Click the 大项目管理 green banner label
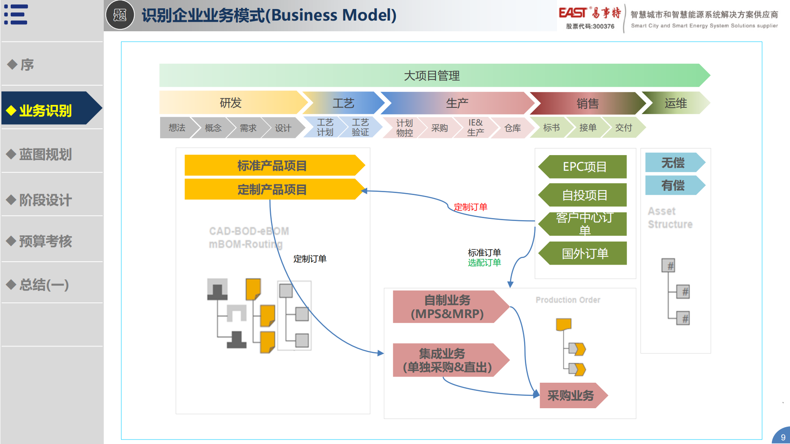[432, 76]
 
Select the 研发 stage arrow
[231, 103]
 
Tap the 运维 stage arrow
[676, 103]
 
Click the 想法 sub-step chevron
[177, 128]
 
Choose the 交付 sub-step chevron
[623, 128]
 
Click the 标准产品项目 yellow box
[272, 166]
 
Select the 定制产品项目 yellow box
[272, 190]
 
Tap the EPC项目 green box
[585, 167]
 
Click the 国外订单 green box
[585, 253]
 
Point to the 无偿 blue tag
[673, 163]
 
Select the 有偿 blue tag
[673, 186]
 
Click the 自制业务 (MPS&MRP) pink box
[447, 307]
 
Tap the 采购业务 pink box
[571, 395]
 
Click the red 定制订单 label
[471, 207]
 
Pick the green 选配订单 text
[484, 263]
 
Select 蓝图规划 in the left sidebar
[45, 154]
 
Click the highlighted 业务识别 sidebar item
[45, 110]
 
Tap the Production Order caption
[568, 300]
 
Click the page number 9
[783, 437]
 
